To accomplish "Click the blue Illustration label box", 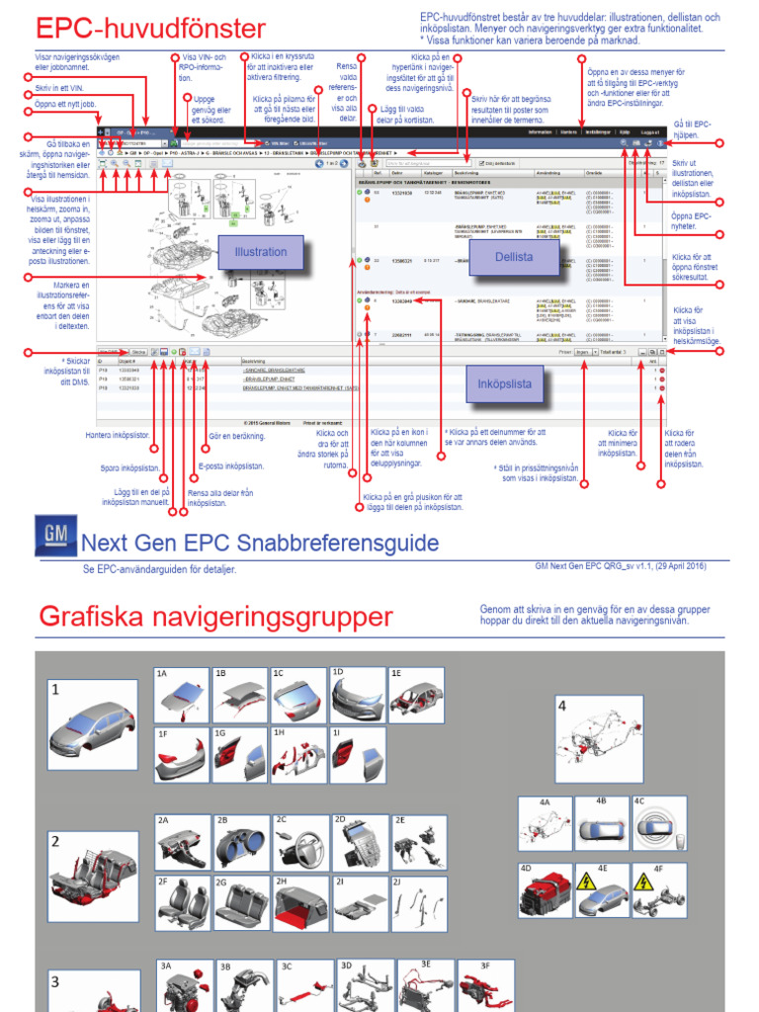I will tap(260, 253).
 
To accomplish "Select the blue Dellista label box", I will tap(514, 257).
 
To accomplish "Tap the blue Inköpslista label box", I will tap(503, 382).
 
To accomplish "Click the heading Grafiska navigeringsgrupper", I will tap(214, 618).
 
